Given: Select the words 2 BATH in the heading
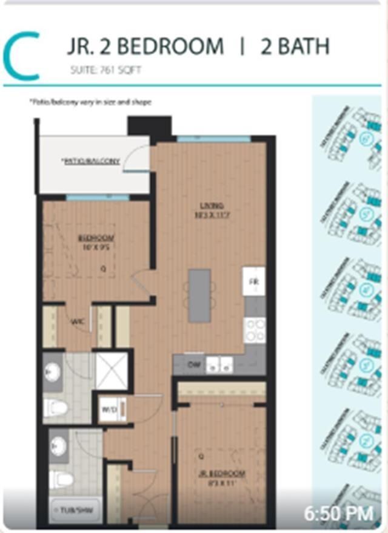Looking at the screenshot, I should click(x=295, y=47).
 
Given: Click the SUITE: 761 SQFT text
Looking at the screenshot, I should click(x=105, y=70).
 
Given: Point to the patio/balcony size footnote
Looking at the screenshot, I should click(x=90, y=102).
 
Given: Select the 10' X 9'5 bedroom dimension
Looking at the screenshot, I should click(x=96, y=246).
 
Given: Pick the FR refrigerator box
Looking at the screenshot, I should click(x=253, y=281).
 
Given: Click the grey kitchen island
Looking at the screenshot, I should click(x=199, y=295).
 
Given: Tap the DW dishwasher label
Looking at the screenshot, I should click(x=194, y=364).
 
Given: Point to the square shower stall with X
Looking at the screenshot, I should click(x=111, y=370).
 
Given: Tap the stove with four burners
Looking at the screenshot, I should click(x=254, y=330).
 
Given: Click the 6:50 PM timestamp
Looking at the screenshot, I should click(x=339, y=514).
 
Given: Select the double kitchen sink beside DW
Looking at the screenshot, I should click(x=218, y=365).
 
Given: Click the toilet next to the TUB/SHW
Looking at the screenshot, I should click(x=61, y=480).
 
